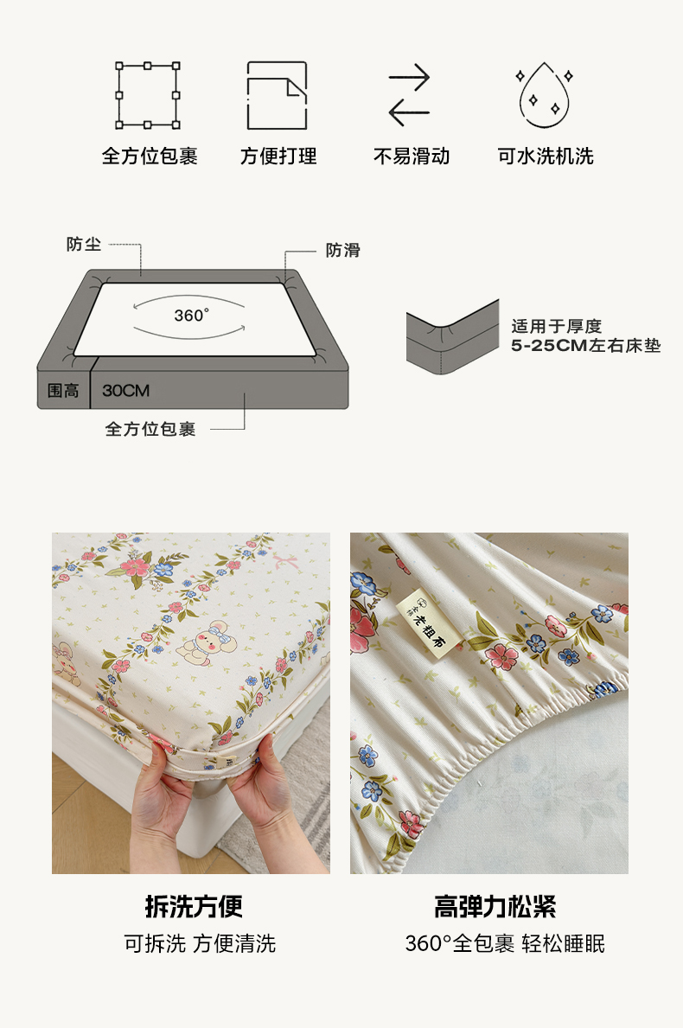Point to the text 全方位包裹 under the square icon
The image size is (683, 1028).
(x=150, y=156)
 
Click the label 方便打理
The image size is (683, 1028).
(x=278, y=156)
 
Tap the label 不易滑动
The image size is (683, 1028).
(x=412, y=156)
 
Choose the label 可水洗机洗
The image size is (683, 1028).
(x=546, y=156)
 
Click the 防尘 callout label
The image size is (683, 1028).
(x=84, y=245)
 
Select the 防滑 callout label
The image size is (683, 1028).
(x=343, y=250)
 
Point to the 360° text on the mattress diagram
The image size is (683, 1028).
(x=191, y=316)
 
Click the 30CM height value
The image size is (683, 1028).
(x=126, y=391)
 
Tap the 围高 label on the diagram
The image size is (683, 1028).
(x=63, y=391)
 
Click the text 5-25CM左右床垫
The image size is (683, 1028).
(x=586, y=346)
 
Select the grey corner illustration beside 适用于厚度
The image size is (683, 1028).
(x=452, y=337)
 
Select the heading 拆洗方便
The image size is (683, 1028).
(x=194, y=907)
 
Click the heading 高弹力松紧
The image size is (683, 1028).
(x=495, y=907)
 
